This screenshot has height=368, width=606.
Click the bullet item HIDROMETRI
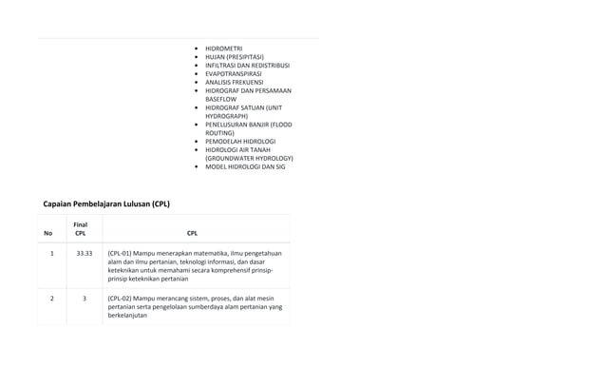pos(223,48)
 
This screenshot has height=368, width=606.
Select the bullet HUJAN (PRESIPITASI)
pos(234,57)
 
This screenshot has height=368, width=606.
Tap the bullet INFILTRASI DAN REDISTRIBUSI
pos(247,66)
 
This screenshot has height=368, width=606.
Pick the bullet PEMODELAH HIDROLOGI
pos(241,141)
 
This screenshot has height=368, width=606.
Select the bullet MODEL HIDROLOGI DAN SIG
pos(245,166)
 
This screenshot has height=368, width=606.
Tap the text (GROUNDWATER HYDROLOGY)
pos(249,158)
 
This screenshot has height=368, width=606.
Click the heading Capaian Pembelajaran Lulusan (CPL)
pos(106,203)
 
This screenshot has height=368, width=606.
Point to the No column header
pos(48,233)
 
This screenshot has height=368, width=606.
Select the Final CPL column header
pos(81,228)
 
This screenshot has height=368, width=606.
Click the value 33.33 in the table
pos(85,254)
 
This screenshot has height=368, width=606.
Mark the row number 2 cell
pos(51,299)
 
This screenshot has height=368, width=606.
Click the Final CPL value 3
pos(85,299)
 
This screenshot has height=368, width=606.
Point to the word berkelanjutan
pos(128,316)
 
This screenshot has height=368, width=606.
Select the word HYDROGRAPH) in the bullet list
pos(227,116)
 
